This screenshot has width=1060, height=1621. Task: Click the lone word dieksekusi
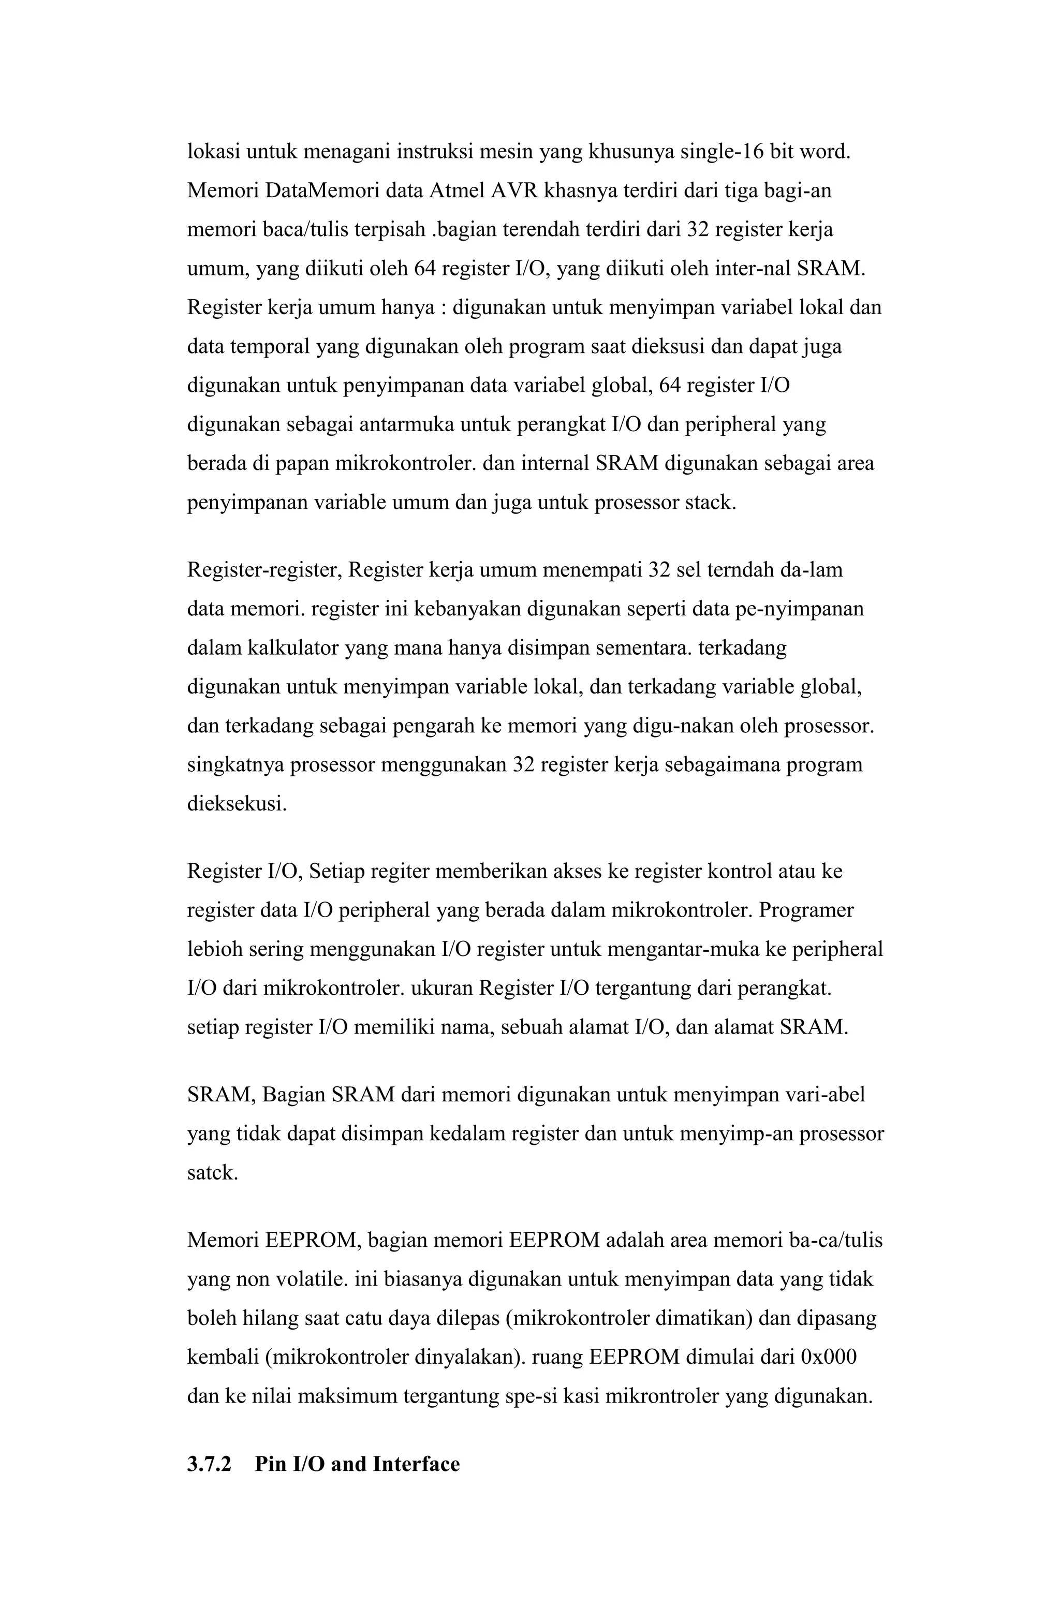click(x=237, y=804)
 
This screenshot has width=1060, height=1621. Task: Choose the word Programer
click(x=806, y=910)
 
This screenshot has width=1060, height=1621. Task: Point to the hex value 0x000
click(x=828, y=1357)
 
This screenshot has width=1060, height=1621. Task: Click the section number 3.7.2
click(x=209, y=1463)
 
